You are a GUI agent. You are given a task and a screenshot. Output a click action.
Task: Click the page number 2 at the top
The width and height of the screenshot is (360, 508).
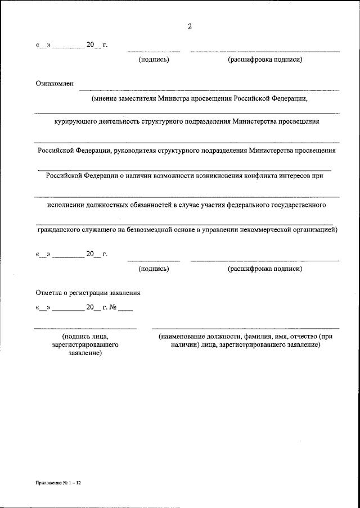(190, 26)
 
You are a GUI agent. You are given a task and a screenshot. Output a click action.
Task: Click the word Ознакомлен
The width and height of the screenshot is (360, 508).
(54, 83)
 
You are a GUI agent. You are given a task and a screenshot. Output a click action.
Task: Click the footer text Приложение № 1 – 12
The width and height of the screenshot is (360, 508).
(57, 482)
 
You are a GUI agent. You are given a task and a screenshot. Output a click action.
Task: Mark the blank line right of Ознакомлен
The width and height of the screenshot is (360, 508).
(208, 90)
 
